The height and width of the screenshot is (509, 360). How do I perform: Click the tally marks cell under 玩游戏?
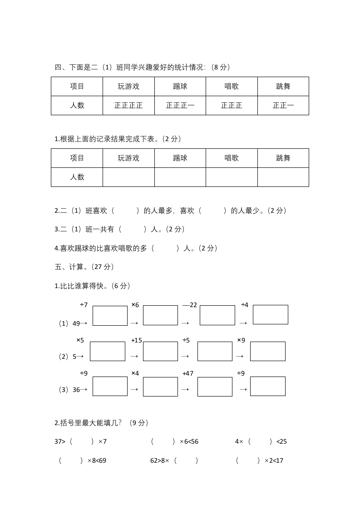tap(128, 105)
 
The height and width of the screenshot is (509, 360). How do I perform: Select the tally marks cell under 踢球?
tap(180, 105)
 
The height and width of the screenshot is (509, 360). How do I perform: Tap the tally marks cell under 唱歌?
tap(232, 105)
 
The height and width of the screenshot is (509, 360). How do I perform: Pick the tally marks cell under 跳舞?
tap(283, 105)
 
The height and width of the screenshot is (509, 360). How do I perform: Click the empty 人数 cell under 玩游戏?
tap(128, 177)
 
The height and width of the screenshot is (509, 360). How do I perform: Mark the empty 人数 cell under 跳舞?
tap(283, 177)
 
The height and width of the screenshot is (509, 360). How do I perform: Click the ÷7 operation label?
tap(84, 305)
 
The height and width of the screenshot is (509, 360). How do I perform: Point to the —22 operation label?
tap(190, 305)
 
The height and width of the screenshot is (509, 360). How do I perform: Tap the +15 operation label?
tap(136, 340)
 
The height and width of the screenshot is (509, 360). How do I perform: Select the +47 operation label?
tap(187, 373)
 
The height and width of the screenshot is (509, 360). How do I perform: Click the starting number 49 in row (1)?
tap(76, 323)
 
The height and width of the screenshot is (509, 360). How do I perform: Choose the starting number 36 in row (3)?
tap(76, 390)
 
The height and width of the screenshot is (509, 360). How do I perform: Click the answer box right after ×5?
tap(108, 351)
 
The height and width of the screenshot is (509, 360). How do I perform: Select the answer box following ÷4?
tap(270, 314)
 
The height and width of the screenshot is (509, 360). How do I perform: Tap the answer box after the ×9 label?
tap(267, 351)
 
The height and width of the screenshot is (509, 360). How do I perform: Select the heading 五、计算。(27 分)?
tap(84, 267)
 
